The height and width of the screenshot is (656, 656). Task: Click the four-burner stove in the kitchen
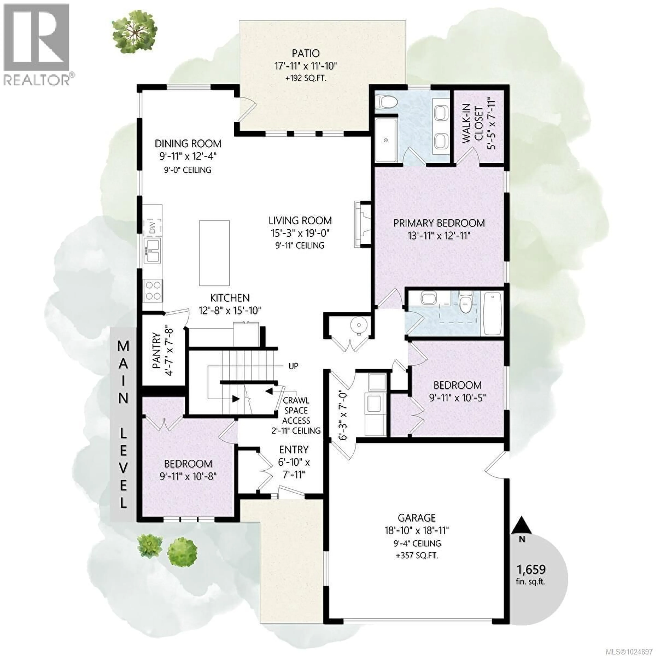click(153, 291)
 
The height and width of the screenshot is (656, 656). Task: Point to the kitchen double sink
click(152, 251)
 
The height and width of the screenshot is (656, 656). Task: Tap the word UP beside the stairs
click(293, 366)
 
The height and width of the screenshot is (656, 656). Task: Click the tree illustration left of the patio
click(134, 34)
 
